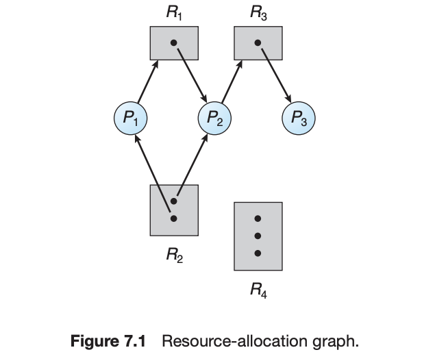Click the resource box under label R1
(x=174, y=43)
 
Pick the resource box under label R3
(x=258, y=43)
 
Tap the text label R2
(x=175, y=256)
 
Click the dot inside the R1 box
(x=174, y=42)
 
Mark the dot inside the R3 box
(x=258, y=42)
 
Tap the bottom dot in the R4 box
(x=258, y=253)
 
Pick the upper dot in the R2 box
(x=174, y=201)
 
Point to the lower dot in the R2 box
(x=174, y=218)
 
